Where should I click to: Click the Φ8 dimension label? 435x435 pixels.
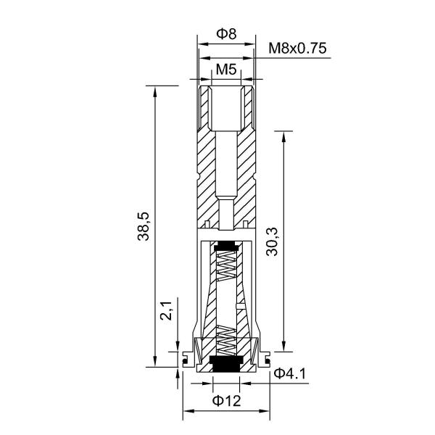click(x=227, y=34)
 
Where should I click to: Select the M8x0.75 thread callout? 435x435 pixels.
click(x=297, y=49)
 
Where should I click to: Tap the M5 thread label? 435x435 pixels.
click(x=227, y=70)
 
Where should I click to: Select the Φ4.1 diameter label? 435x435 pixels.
click(x=291, y=374)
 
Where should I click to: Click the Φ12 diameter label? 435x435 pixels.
click(x=226, y=400)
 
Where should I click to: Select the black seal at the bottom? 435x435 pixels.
click(x=226, y=360)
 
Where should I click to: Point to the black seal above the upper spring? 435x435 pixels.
click(x=226, y=244)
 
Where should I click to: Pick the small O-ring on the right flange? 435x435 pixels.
click(x=267, y=357)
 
